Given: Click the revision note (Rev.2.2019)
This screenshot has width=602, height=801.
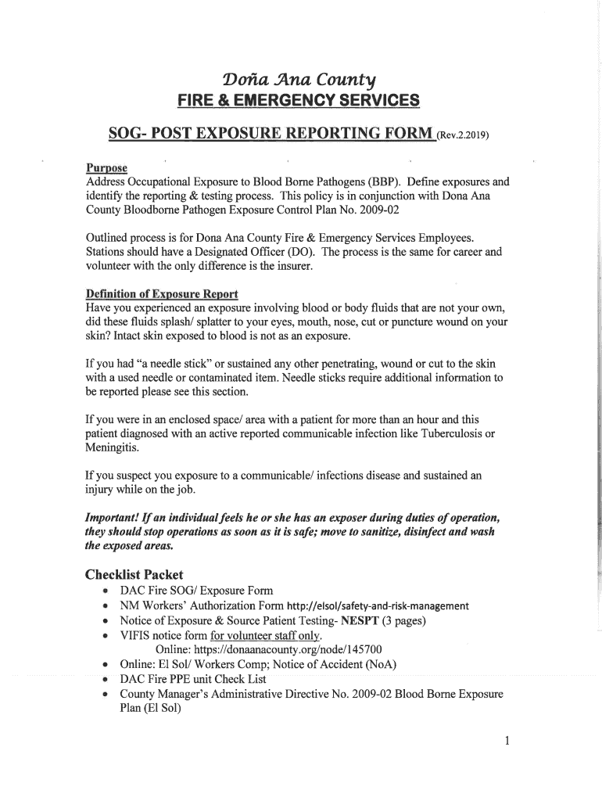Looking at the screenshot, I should [x=464, y=135].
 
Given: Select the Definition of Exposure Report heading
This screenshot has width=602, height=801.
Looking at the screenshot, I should [x=161, y=294].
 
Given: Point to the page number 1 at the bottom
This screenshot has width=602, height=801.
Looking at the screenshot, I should [x=507, y=742].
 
